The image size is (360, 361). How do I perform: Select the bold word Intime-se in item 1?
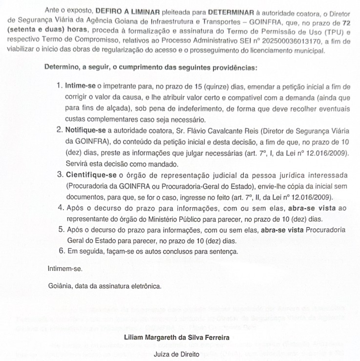tap(80, 86)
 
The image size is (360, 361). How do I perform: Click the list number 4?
tap(61, 208)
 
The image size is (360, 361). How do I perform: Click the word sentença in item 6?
tap(224, 252)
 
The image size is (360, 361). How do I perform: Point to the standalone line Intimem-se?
tap(64, 269)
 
